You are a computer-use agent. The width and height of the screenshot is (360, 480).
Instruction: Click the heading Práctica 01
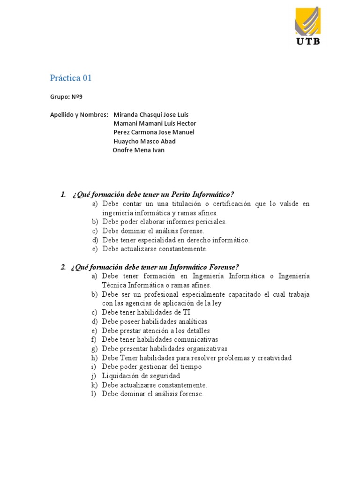[71, 78]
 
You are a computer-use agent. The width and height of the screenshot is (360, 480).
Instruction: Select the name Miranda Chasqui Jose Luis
[151, 115]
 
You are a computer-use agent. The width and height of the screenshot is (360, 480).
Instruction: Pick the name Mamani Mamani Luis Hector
[155, 123]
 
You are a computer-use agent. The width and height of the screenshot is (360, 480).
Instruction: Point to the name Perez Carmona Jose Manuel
[154, 132]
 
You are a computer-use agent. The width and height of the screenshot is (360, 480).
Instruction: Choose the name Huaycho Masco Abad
[145, 141]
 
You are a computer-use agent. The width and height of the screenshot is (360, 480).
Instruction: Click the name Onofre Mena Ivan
[139, 150]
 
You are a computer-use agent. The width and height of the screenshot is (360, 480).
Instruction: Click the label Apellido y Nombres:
[79, 115]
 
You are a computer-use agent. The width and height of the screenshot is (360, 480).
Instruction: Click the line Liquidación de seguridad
[141, 375]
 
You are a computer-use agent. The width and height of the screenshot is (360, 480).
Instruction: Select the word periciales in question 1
[210, 222]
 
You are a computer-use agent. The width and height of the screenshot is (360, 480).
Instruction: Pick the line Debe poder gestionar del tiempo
[151, 367]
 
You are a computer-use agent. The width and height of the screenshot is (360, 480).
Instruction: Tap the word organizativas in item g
[207, 349]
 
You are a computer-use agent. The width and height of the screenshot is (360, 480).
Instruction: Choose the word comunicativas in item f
[196, 339]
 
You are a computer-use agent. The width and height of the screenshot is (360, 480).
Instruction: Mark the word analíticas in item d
[190, 322]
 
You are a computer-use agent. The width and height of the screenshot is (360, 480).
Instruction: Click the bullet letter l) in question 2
[94, 394]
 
